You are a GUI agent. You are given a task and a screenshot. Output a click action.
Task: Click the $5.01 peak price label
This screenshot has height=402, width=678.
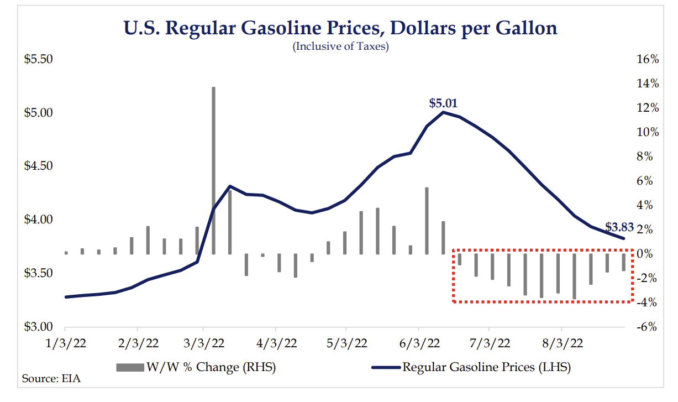point(443,103)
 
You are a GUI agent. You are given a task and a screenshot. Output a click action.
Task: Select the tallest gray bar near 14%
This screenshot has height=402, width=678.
point(213,166)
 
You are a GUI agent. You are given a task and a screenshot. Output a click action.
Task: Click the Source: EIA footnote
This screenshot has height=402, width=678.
point(48,379)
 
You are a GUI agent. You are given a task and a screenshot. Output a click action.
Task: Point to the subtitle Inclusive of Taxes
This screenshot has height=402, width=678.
point(341,46)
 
